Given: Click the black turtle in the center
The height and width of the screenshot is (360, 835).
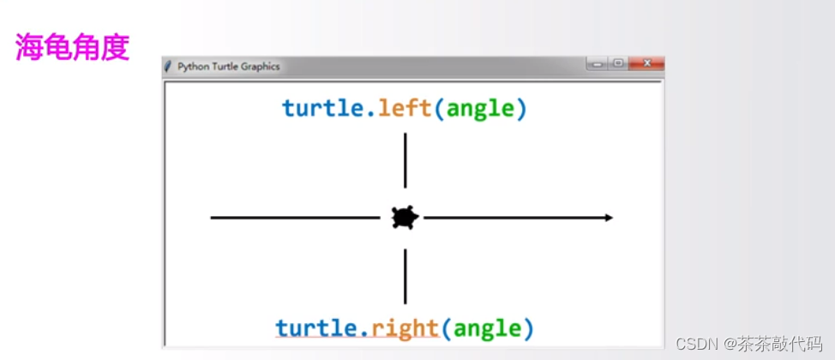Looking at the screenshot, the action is (405, 218).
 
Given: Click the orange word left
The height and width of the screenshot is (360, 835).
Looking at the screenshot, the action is (405, 109).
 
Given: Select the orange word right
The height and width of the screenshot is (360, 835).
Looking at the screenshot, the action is (405, 327).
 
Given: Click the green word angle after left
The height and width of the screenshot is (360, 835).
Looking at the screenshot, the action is (481, 109).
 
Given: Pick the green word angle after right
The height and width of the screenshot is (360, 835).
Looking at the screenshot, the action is (488, 327).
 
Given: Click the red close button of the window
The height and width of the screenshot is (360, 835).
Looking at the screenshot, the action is (646, 63).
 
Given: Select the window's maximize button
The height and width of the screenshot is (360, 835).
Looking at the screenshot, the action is (617, 63).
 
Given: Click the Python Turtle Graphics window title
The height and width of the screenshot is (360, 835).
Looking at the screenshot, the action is (228, 67).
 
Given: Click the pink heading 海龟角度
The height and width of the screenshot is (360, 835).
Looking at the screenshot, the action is (72, 48).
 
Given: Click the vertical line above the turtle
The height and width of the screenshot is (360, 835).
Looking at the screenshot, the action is (405, 160).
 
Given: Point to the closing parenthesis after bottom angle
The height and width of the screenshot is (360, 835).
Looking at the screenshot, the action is (528, 328).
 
